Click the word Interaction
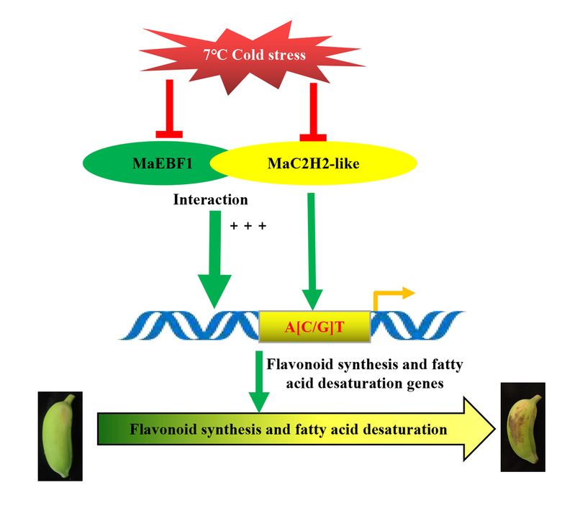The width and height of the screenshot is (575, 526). tap(209, 199)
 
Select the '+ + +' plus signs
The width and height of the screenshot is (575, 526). tap(248, 227)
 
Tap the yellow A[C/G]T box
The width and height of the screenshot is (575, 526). tap(315, 328)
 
